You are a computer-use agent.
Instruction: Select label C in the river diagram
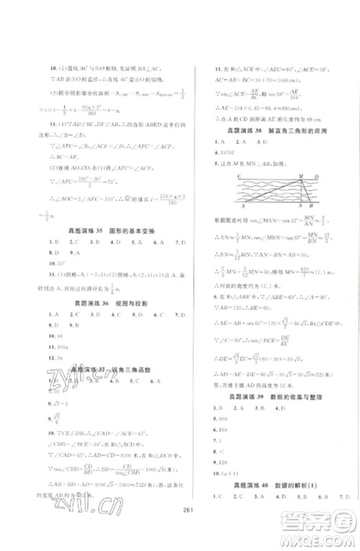coord(228,175)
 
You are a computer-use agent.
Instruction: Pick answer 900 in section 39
coord(221,418)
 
